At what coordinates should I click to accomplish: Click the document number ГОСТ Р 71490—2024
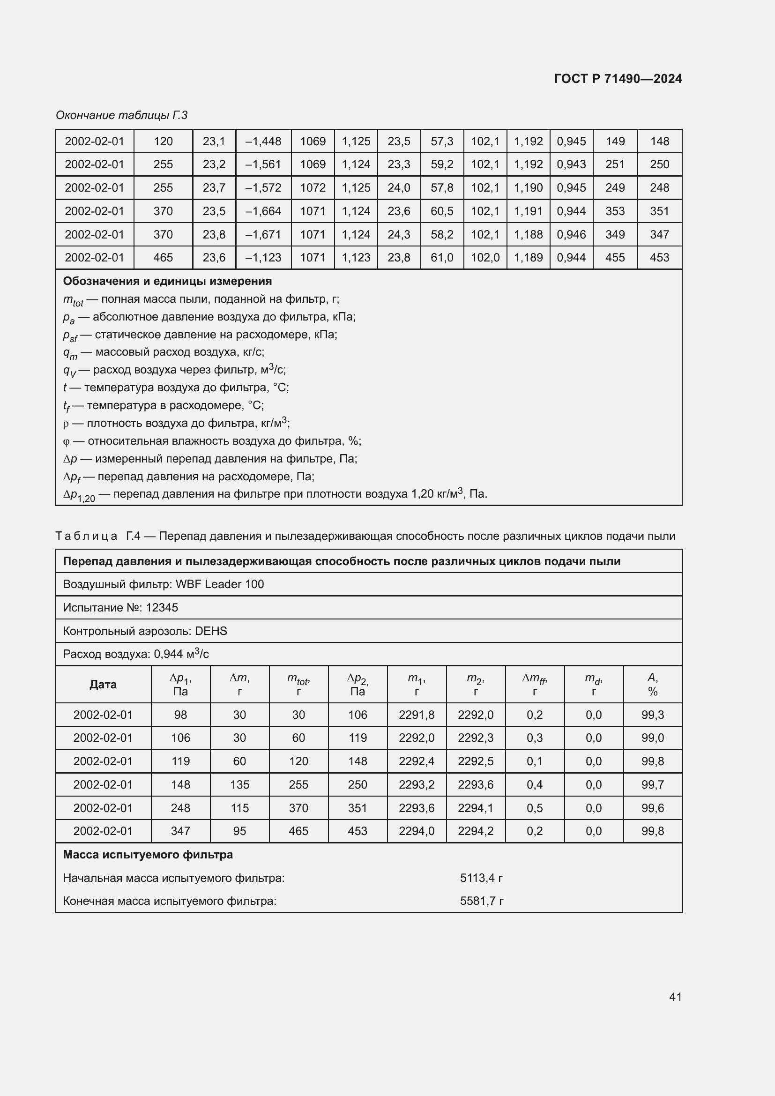tap(618, 79)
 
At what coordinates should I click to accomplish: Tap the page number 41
tap(675, 996)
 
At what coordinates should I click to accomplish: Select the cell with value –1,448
tap(263, 142)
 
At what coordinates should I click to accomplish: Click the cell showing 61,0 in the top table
tap(441, 258)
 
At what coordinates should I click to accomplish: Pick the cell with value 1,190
tap(528, 187)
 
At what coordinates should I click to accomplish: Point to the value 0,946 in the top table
tap(571, 234)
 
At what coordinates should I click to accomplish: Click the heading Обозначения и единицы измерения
tap(167, 281)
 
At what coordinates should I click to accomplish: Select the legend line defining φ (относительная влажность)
tap(212, 440)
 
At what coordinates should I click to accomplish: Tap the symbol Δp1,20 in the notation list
tap(79, 495)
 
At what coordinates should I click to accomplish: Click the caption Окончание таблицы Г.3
tap(121, 115)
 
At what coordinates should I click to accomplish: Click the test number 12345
tap(162, 608)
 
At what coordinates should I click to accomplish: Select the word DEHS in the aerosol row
tap(211, 631)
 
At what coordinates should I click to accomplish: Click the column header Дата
tap(103, 685)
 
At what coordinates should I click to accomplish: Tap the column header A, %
tap(652, 685)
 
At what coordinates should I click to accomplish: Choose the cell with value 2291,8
tap(416, 715)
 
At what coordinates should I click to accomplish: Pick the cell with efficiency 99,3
tap(652, 715)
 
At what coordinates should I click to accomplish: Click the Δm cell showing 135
tap(239, 785)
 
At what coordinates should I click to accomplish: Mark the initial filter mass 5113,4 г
tap(481, 878)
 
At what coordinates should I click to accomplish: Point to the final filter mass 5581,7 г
tap(481, 901)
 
